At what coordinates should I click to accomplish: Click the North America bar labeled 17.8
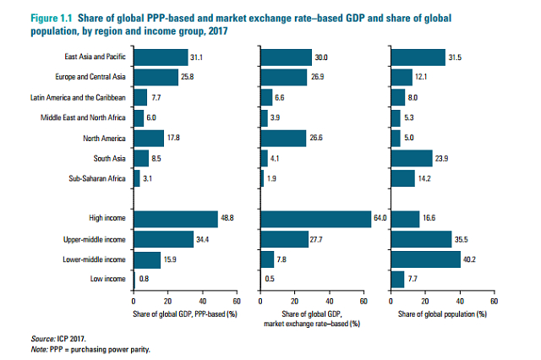pyautogui.click(x=149, y=138)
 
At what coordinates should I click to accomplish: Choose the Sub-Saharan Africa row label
pyautogui.click(x=101, y=178)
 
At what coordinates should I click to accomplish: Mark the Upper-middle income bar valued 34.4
pyautogui.click(x=163, y=239)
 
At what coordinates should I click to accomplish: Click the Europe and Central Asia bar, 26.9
pyautogui.click(x=285, y=78)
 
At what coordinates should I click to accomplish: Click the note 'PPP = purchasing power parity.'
pyautogui.click(x=94, y=347)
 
